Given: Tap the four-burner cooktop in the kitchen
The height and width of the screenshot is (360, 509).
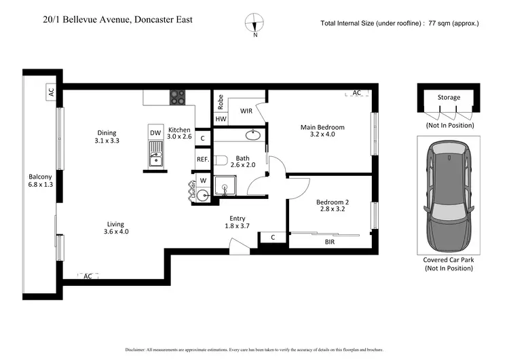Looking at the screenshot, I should click(177, 97).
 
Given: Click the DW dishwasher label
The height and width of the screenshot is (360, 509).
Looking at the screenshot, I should click(155, 132).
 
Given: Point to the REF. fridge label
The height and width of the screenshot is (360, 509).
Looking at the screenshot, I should click(202, 160).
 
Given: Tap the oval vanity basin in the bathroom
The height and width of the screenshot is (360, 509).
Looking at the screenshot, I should click(253, 134).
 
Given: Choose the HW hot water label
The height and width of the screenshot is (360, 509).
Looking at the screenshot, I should click(221, 119).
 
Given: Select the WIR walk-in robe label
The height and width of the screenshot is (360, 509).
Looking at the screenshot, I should click(246, 110).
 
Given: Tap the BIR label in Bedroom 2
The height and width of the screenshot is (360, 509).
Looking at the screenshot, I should click(330, 242).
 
